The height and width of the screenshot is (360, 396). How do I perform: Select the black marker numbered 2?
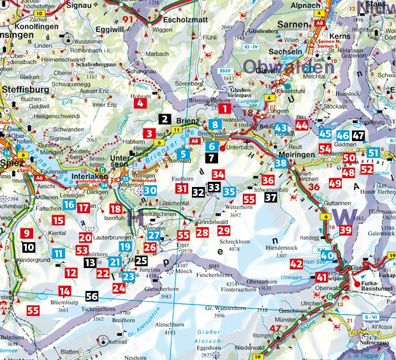[x=165, y=119]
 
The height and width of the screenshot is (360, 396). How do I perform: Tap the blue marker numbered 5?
[x=183, y=153]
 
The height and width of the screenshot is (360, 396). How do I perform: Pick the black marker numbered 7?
[x=212, y=156]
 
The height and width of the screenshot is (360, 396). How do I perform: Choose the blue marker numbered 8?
[x=217, y=124]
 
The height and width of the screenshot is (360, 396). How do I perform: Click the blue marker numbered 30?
[x=150, y=190]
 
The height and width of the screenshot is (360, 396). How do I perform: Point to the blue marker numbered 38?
[x=281, y=163]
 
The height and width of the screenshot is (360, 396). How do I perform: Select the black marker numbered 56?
[x=92, y=296]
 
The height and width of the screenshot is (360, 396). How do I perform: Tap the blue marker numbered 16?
[x=70, y=205]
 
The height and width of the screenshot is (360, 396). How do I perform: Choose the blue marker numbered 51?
[x=374, y=153]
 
